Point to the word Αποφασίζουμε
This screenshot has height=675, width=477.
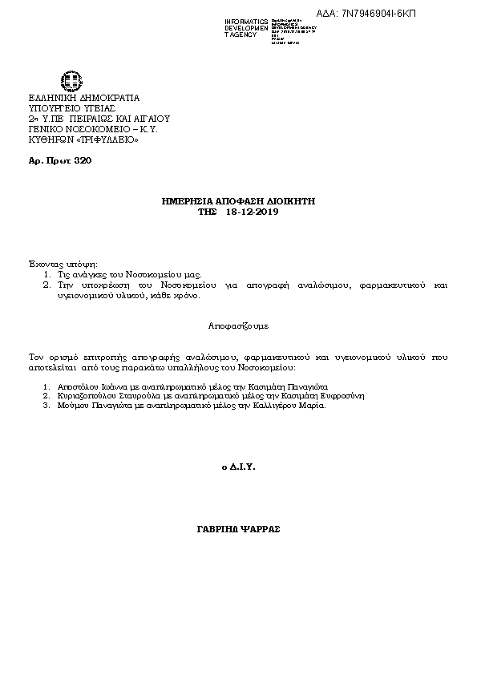click(238, 327)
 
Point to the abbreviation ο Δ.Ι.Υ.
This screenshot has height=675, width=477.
click(237, 466)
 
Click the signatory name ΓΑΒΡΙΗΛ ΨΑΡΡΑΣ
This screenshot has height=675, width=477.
click(238, 530)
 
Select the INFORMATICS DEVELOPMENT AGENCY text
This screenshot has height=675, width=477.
click(247, 27)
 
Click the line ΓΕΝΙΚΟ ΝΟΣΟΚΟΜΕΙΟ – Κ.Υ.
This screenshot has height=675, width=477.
click(92, 129)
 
